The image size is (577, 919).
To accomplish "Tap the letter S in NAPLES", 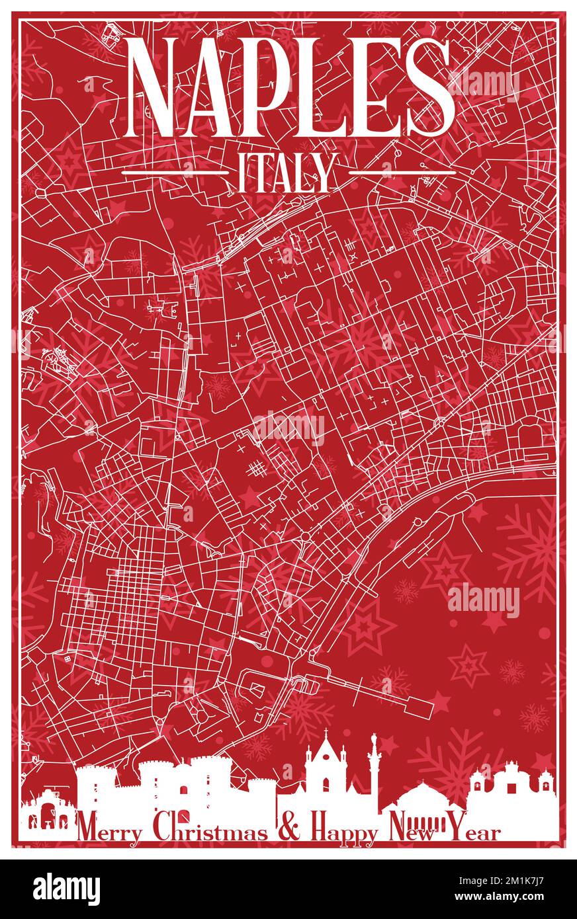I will [x=428, y=87].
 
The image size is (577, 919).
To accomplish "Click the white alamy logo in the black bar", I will [x=66, y=889].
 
